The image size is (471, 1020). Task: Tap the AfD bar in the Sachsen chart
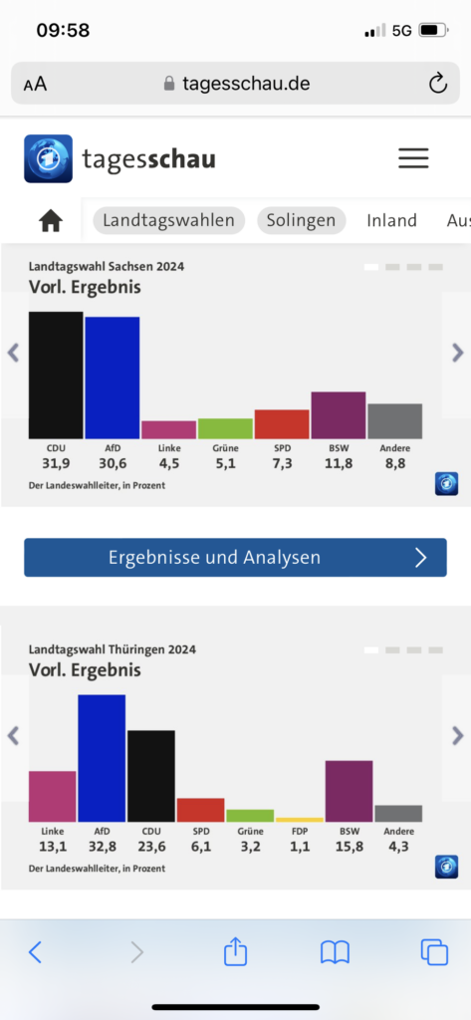pyautogui.click(x=112, y=378)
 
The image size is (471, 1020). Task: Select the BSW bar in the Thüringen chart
pyautogui.click(x=349, y=791)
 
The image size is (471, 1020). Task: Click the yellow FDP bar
pyautogui.click(x=300, y=820)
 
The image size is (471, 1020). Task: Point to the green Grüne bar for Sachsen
pyautogui.click(x=225, y=428)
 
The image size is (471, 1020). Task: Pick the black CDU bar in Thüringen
pyautogui.click(x=151, y=776)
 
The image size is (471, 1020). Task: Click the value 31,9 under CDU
pyautogui.click(x=56, y=464)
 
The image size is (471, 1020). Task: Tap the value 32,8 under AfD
pyautogui.click(x=102, y=847)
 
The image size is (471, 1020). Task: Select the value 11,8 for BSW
pyautogui.click(x=339, y=464)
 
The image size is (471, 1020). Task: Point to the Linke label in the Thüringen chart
pyautogui.click(x=52, y=831)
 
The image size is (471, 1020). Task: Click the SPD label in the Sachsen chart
pyautogui.click(x=282, y=448)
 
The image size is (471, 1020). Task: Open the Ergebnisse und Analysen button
pyautogui.click(x=235, y=558)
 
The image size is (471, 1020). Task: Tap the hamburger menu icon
pyautogui.click(x=413, y=158)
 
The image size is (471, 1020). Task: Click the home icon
pyautogui.click(x=51, y=221)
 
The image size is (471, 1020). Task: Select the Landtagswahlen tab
pyautogui.click(x=168, y=220)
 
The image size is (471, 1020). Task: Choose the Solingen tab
pyautogui.click(x=301, y=220)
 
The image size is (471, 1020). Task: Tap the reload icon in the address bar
pyautogui.click(x=438, y=84)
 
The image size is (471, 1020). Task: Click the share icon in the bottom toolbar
pyautogui.click(x=235, y=951)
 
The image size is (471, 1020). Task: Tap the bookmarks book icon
pyautogui.click(x=335, y=953)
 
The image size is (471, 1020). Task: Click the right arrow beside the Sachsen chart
pyautogui.click(x=458, y=353)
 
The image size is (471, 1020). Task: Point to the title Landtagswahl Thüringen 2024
pyautogui.click(x=112, y=649)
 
